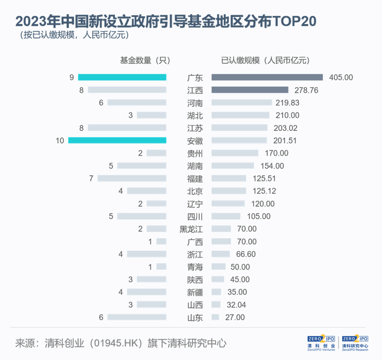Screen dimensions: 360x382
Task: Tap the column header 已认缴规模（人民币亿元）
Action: [x=265, y=60]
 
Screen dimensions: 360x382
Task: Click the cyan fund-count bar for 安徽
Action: [x=117, y=141]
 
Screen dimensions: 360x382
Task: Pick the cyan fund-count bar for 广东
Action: [x=122, y=77]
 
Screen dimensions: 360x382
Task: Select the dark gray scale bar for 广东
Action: [x=267, y=77]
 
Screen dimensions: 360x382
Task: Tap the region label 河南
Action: [x=194, y=103]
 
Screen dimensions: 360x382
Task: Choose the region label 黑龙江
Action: [x=191, y=229]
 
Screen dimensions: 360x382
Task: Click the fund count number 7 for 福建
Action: [x=92, y=178]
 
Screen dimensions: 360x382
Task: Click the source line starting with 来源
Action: [x=120, y=343]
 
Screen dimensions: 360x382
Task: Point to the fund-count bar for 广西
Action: [x=161, y=242]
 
